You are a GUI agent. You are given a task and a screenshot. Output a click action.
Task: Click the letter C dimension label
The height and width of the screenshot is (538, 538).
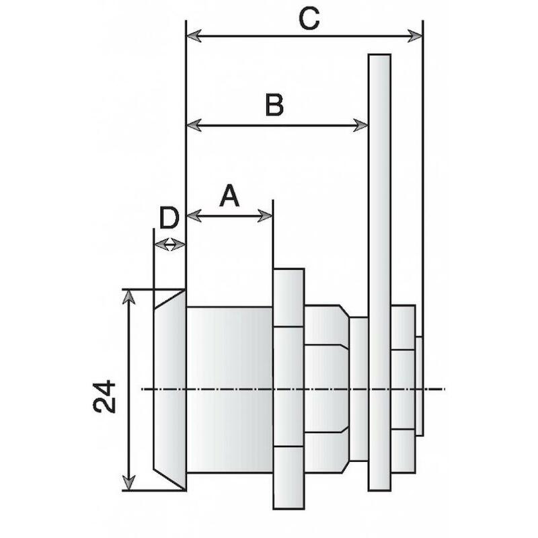click(309, 18)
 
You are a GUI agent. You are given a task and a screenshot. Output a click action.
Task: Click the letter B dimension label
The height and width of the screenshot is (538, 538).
click(274, 104)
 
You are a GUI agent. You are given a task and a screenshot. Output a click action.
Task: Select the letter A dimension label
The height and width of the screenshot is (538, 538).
click(229, 195)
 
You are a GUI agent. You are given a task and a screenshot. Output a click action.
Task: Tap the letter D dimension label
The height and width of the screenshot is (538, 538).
click(169, 217)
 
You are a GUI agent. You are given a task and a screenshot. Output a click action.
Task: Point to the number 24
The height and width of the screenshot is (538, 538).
click(104, 395)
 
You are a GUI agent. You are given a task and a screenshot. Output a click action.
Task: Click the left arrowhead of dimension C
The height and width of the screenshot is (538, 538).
click(194, 36)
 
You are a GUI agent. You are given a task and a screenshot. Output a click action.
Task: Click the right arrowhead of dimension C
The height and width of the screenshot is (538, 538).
click(414, 36)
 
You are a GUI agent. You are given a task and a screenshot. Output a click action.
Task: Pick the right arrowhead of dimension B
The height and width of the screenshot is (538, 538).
click(361, 125)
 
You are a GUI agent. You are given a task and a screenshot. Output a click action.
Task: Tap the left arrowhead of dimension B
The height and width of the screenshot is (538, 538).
click(194, 125)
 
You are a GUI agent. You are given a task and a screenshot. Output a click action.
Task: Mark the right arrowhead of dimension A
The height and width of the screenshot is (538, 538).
click(265, 216)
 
